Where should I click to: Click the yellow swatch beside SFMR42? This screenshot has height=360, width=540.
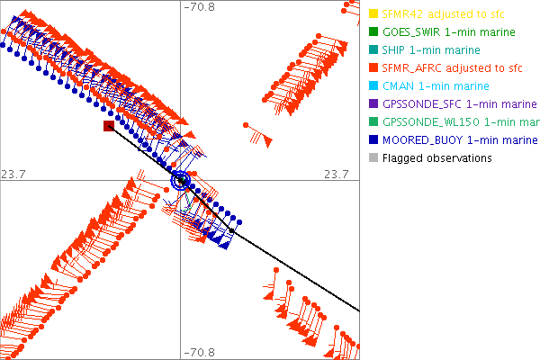click(x=373, y=14)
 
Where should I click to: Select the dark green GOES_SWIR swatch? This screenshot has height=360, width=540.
click(x=373, y=32)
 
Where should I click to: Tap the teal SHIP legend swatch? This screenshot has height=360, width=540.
click(x=373, y=50)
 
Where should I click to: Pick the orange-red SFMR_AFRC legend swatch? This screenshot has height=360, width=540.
click(x=373, y=68)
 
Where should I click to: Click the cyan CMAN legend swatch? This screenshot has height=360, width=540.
click(x=373, y=86)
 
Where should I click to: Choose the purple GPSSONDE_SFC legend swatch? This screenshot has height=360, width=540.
click(x=373, y=104)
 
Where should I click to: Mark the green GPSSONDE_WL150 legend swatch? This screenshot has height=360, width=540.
click(x=373, y=122)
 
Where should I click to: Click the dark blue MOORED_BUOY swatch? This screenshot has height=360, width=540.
click(x=373, y=140)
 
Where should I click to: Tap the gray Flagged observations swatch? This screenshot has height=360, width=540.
click(x=373, y=158)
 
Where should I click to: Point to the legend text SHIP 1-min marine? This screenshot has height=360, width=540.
click(x=431, y=50)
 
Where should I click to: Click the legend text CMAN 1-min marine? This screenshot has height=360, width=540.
click(x=436, y=86)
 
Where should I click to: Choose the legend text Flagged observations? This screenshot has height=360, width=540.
click(x=436, y=158)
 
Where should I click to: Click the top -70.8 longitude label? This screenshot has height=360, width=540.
click(x=199, y=7)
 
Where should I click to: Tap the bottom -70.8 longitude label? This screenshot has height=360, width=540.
click(x=199, y=352)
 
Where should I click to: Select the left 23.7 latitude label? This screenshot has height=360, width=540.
click(x=16, y=174)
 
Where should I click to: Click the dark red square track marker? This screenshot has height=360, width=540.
click(x=109, y=127)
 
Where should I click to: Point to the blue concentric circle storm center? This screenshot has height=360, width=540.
click(x=182, y=181)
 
